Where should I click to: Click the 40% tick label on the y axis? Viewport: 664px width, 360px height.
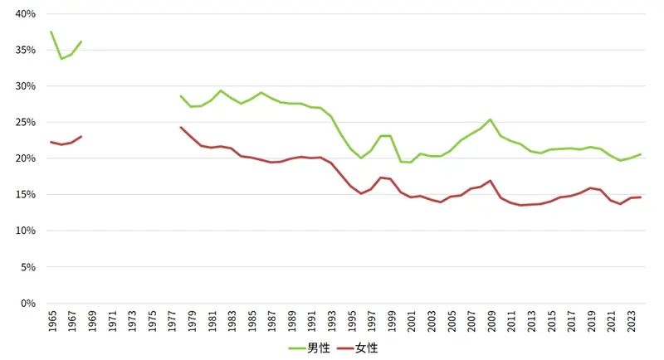click(x=23, y=14)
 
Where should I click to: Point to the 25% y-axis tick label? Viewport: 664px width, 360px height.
click(x=23, y=123)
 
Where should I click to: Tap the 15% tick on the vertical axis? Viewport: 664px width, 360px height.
click(x=23, y=195)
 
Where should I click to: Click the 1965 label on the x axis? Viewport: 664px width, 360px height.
click(x=51, y=321)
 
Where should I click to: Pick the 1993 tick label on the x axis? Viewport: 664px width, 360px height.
click(x=331, y=321)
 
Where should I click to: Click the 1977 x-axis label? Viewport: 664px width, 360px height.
click(x=171, y=321)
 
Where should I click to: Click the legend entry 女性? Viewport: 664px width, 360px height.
click(x=367, y=348)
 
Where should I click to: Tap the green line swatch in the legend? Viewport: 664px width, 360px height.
click(x=297, y=348)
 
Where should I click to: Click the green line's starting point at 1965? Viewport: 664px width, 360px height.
click(x=51, y=32)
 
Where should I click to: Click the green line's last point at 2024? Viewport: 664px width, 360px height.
click(x=641, y=154)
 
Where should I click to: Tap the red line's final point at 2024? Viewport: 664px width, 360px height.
click(x=641, y=197)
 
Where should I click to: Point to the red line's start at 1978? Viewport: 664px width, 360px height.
click(x=181, y=127)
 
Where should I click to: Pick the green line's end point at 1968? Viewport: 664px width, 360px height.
click(x=81, y=41)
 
